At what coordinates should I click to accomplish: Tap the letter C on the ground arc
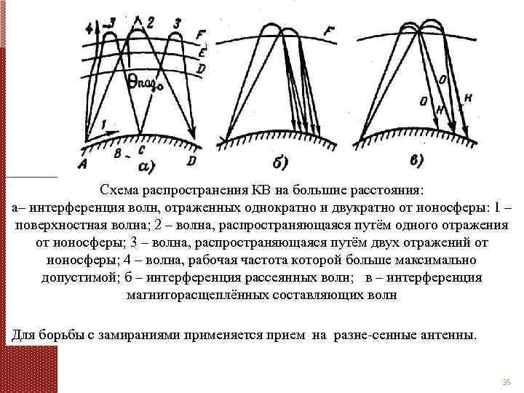pyautogui.click(x=140, y=151)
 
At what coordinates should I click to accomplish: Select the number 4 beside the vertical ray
pyautogui.click(x=89, y=28)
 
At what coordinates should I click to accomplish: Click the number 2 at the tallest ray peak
pyautogui.click(x=150, y=21)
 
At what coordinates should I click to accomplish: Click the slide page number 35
pyautogui.click(x=507, y=383)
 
